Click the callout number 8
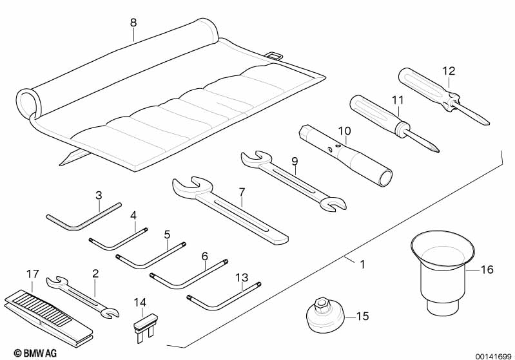pyautogui.click(x=133, y=23)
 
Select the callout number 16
pyautogui.click(x=487, y=269)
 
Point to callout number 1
pyautogui.click(x=362, y=263)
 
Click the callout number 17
pyautogui.click(x=32, y=273)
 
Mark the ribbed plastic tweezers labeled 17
pyautogui.click(x=48, y=315)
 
